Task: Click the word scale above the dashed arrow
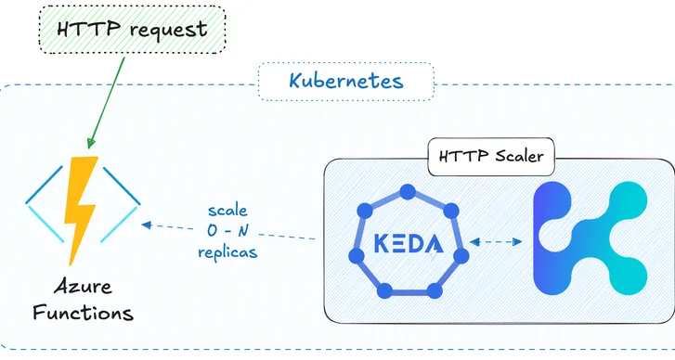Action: click(227, 210)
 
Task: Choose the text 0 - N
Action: click(228, 230)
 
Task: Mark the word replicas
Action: click(228, 251)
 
